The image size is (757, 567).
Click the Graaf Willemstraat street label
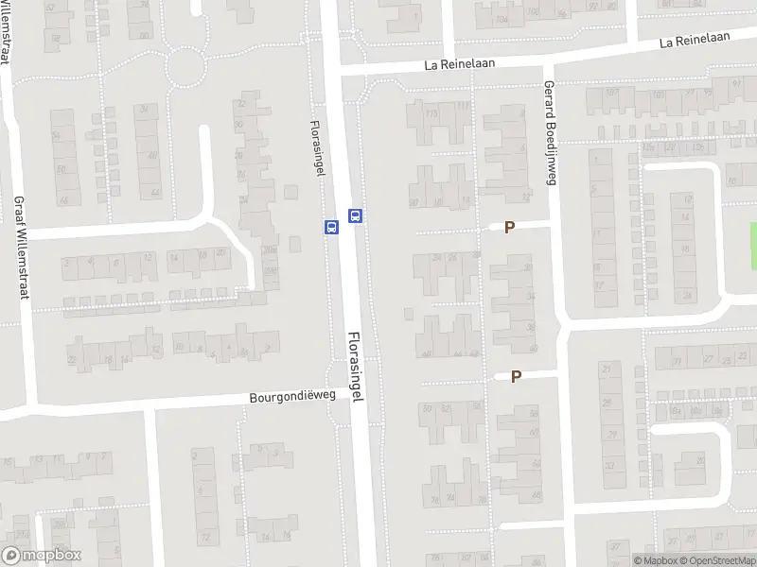[20, 248]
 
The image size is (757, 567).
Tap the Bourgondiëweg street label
[292, 398]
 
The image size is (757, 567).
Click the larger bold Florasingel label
[356, 368]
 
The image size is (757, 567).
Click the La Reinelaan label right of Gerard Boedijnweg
[696, 42]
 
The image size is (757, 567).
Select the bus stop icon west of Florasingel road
[331, 227]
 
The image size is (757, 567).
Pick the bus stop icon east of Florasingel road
[356, 215]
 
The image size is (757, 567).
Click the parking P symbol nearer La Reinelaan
[509, 227]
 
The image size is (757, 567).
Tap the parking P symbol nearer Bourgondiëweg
[516, 376]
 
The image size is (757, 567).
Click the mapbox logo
[42, 556]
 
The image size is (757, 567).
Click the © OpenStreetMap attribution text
[716, 560]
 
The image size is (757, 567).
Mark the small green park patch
[753, 236]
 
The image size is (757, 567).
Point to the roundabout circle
[185, 64]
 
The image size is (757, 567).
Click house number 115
[432, 114]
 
